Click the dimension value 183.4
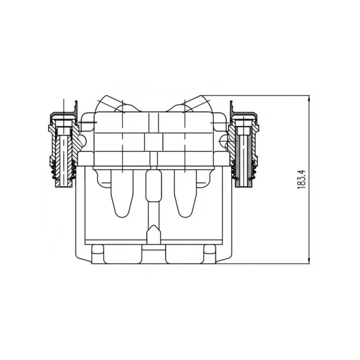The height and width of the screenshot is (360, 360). click(x=301, y=180)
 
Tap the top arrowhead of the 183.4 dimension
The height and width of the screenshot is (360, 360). click(x=309, y=98)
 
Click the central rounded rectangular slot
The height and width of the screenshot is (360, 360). click(x=153, y=185)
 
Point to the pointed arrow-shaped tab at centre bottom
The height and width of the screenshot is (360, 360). click(x=153, y=234)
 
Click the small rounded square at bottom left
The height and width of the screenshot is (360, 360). click(x=98, y=249)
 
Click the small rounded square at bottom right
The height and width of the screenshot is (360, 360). click(x=210, y=249)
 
